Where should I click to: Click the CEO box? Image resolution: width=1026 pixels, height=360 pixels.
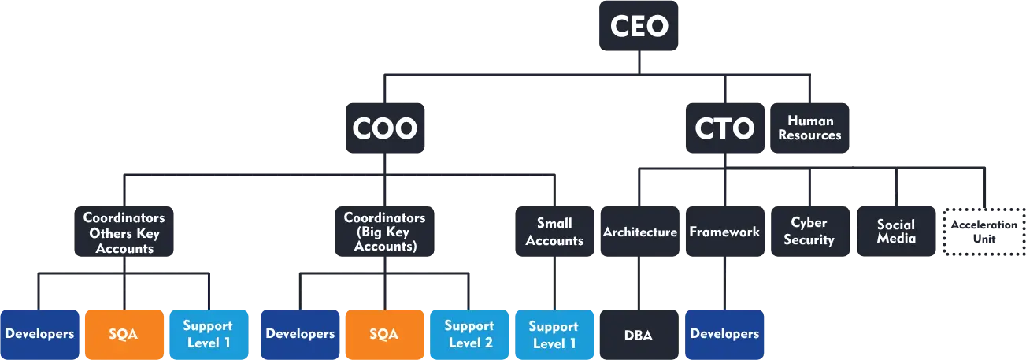coord(639,27)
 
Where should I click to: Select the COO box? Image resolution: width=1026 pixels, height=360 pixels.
coord(384,128)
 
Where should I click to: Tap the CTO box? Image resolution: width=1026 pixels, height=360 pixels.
coord(724,128)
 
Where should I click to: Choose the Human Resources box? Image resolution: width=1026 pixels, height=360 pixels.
coord(809,128)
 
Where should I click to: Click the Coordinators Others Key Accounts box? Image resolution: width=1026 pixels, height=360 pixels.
coord(124,232)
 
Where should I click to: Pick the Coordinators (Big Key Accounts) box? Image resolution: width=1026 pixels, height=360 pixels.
coord(384,232)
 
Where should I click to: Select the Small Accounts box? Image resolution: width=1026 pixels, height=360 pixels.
coord(554,232)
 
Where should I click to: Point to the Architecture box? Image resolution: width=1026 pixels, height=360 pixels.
coord(639,232)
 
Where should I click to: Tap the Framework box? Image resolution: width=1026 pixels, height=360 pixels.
coord(724,232)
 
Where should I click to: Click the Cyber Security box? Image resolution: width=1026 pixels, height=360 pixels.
coord(809,232)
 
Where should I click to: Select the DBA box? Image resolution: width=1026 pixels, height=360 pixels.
coord(639,334)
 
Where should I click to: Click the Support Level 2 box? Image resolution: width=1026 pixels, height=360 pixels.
coord(469,334)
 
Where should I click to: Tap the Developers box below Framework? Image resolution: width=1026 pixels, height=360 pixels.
coord(724,334)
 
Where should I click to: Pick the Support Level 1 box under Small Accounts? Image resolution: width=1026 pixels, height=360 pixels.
coord(554,334)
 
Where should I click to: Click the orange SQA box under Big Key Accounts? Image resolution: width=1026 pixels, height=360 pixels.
coord(383,334)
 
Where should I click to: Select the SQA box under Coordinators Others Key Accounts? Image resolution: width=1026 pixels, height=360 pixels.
coord(124,334)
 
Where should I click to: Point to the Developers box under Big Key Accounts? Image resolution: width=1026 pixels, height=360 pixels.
coord(299,334)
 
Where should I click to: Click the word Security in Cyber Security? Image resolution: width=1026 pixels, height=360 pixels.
coord(809,240)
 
